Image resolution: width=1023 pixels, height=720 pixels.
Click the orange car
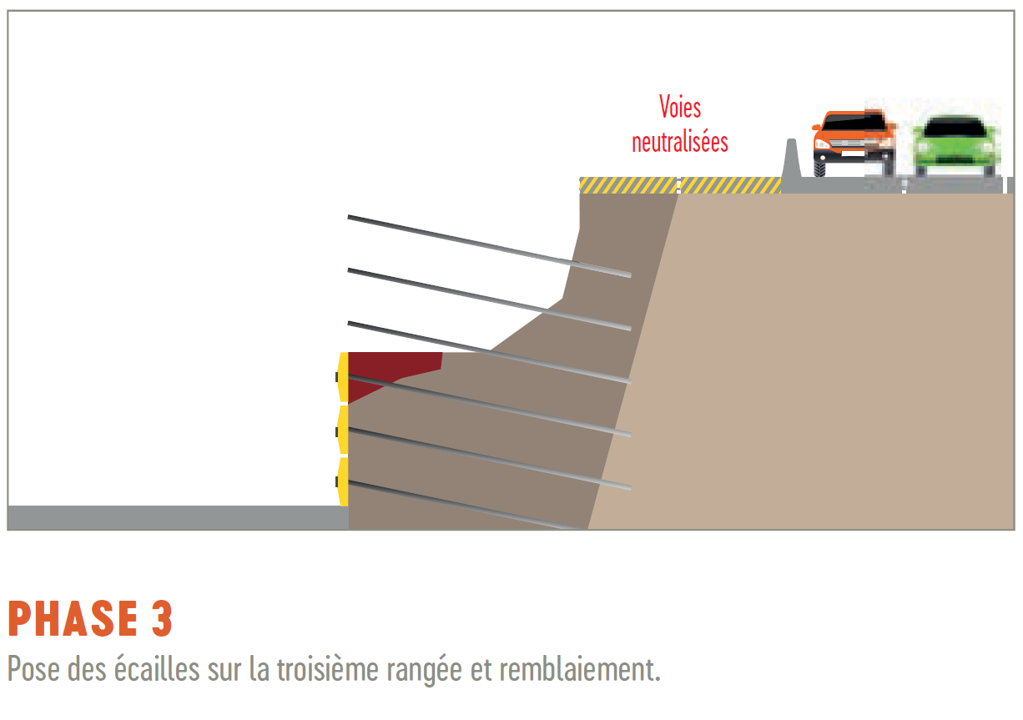853,143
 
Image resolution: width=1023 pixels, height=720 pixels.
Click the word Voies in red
680,108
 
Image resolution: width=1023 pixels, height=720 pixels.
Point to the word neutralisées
680,142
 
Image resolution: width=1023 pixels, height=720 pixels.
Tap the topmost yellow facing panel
343,378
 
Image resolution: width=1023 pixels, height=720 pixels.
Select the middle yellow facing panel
343,430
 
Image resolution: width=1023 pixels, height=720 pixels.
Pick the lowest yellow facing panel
343,481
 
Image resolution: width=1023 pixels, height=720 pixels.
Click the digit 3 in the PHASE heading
162,619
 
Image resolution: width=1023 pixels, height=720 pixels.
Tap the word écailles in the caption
157,669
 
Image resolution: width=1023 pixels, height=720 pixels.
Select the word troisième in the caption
327,669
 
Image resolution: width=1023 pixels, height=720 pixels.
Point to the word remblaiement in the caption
576,669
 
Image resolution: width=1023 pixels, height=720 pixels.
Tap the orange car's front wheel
819,169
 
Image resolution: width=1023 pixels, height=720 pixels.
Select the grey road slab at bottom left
178,518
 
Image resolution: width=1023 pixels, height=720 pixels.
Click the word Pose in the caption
34,669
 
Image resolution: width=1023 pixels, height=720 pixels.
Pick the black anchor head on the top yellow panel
337,377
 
